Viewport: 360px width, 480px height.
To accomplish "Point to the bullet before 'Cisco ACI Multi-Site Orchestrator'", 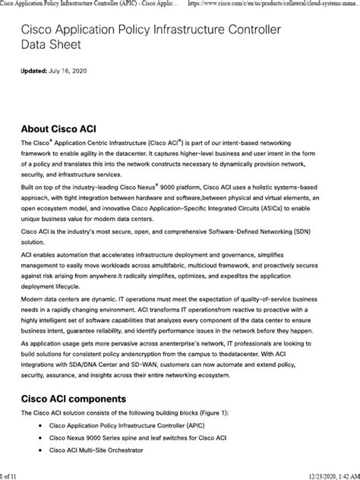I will (x=39, y=450).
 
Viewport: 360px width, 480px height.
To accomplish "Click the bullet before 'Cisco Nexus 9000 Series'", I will (x=39, y=438).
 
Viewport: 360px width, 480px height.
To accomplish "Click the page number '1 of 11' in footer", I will (x=13, y=474).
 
